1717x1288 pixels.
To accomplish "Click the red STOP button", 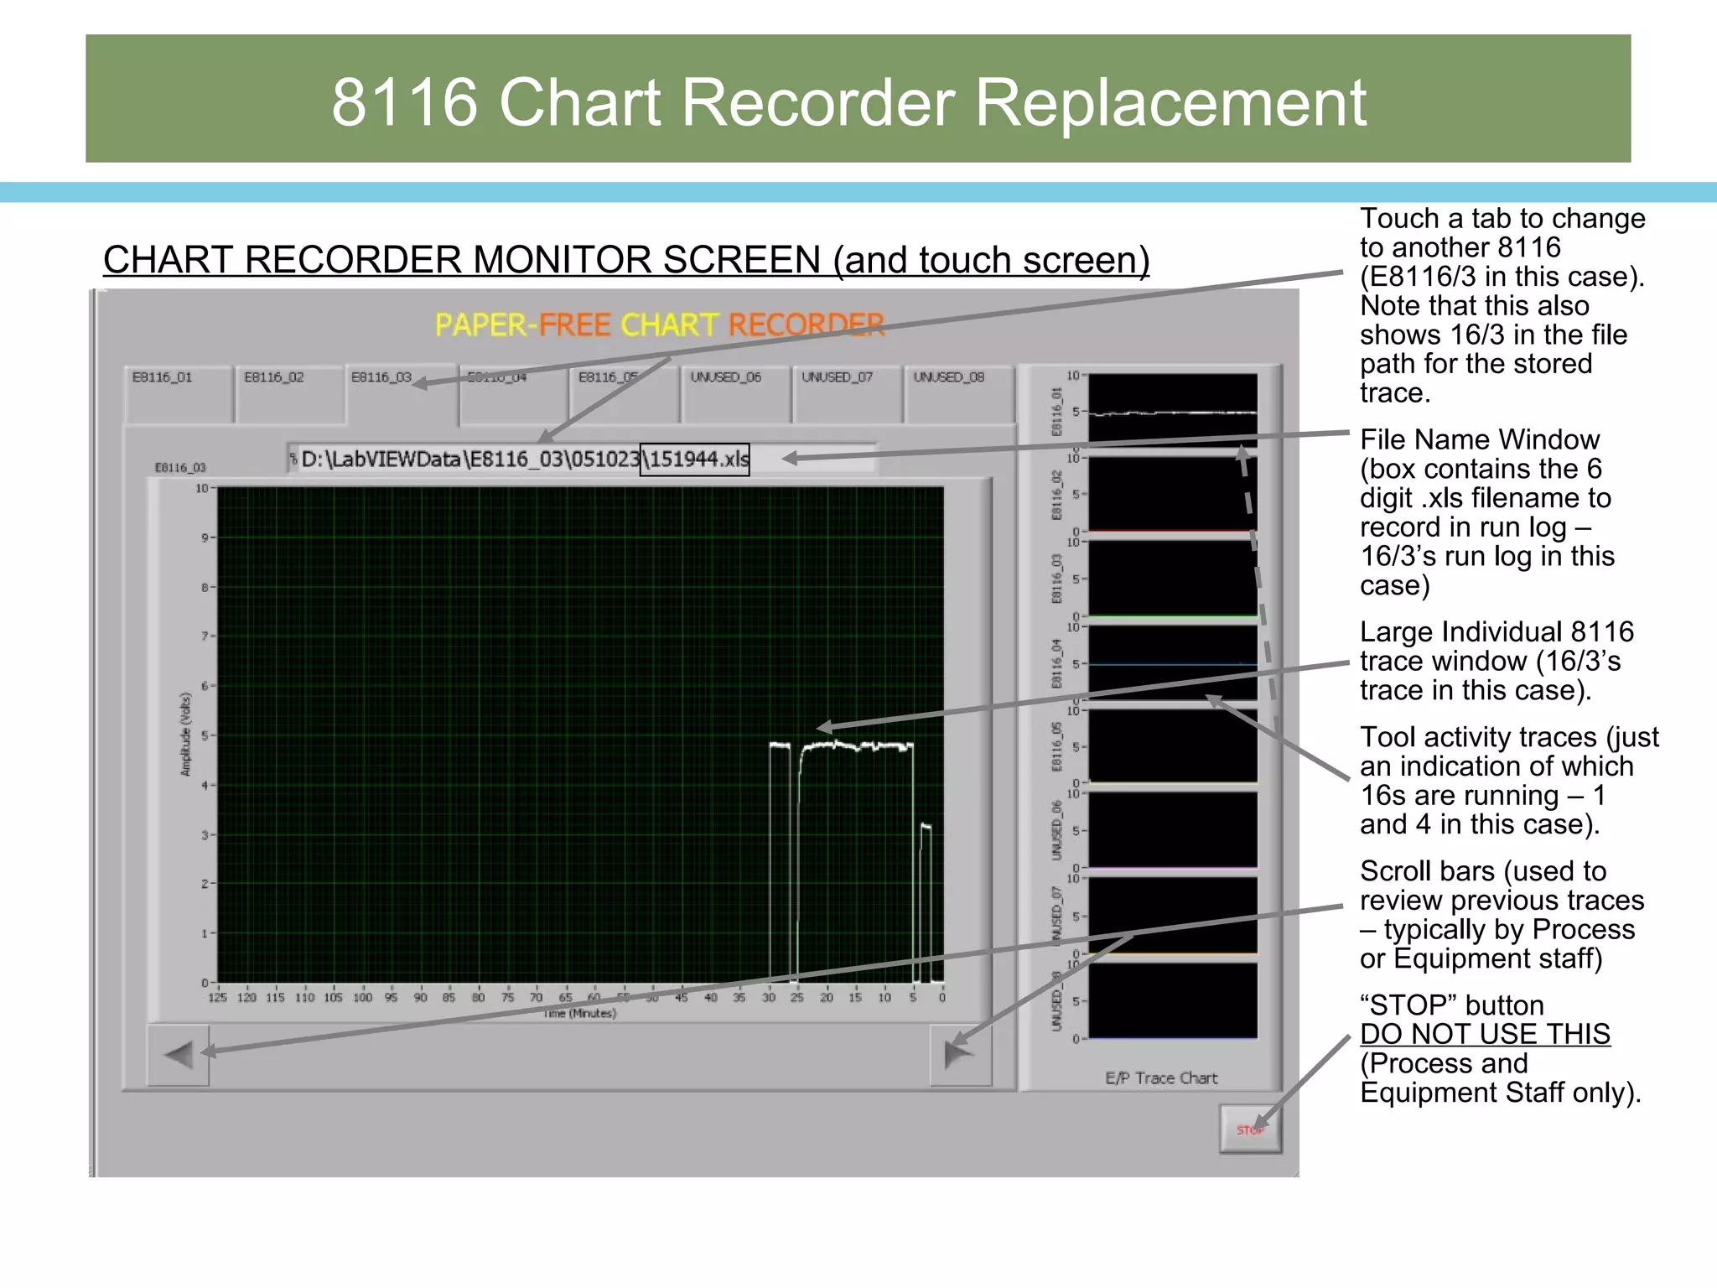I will [x=1249, y=1130].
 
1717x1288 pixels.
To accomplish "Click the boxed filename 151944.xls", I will [x=694, y=460].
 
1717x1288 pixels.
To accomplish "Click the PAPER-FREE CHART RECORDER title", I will [x=660, y=325].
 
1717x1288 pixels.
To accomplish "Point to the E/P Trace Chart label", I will [x=1160, y=1078].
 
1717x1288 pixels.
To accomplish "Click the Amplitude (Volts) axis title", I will [x=186, y=734].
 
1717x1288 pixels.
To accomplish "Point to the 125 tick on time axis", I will [x=217, y=998].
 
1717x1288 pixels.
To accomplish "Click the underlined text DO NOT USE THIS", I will [x=1484, y=1034].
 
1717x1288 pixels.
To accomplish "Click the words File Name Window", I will [x=1479, y=439].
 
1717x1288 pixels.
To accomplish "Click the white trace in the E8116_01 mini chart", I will [x=1174, y=413].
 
